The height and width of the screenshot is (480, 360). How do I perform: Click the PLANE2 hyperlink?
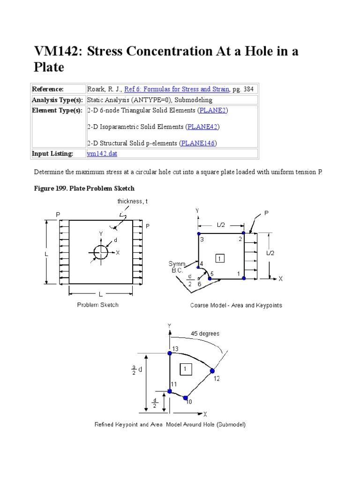click(x=213, y=111)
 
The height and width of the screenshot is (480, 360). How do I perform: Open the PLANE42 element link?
click(x=203, y=127)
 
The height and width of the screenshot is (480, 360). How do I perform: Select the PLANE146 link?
click(x=199, y=143)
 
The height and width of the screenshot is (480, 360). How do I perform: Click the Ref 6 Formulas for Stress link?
click(x=177, y=89)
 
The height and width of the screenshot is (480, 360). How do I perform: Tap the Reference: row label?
click(x=47, y=89)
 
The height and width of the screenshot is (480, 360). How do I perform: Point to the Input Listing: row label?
click(x=52, y=154)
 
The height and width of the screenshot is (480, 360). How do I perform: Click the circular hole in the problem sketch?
click(x=100, y=253)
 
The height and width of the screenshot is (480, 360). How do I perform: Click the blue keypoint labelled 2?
click(x=243, y=233)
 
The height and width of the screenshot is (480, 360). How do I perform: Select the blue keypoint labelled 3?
click(x=199, y=233)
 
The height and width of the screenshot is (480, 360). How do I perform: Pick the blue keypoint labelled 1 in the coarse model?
click(x=244, y=278)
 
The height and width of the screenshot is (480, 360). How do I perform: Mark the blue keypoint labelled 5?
click(x=210, y=278)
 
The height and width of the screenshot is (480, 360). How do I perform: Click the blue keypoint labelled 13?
click(x=170, y=352)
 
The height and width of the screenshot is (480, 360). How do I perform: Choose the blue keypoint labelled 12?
click(x=212, y=371)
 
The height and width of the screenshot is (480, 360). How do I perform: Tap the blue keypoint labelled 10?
click(x=186, y=397)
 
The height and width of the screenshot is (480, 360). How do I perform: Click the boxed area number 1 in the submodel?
click(x=186, y=369)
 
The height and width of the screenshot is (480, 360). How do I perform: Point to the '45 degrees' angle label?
click(x=205, y=334)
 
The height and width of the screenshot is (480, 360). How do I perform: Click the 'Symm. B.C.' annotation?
click(x=178, y=267)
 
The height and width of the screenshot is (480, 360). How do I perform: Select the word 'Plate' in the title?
click(x=49, y=67)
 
